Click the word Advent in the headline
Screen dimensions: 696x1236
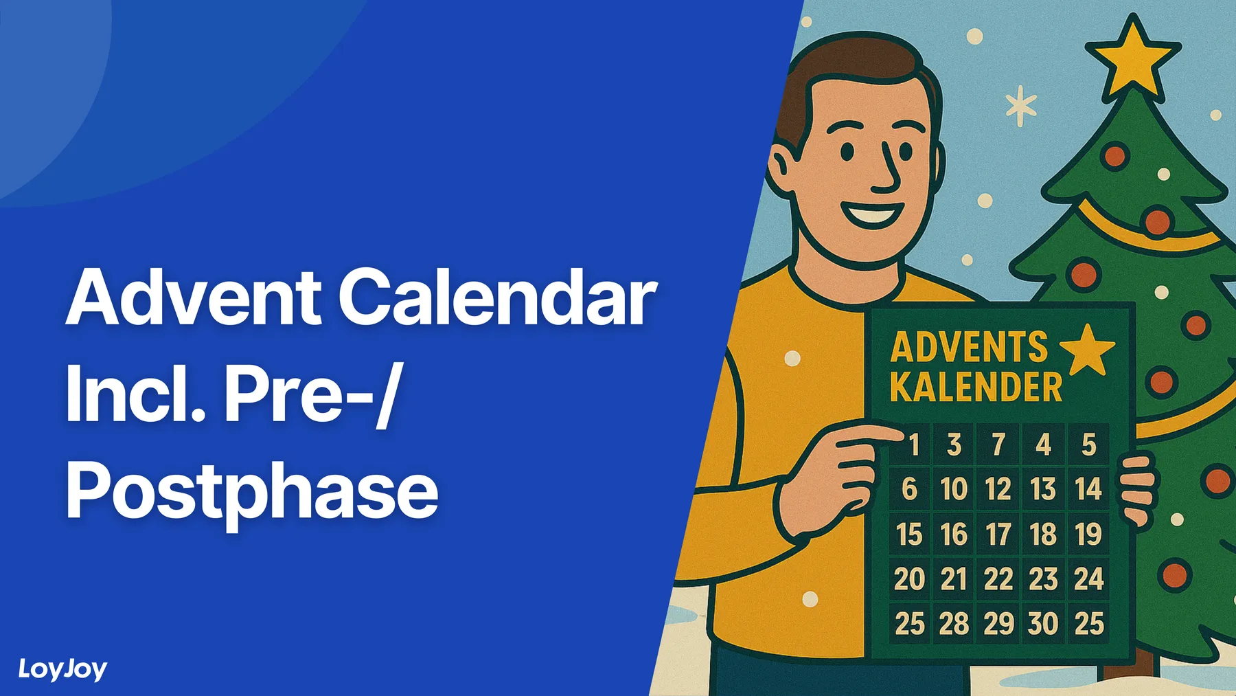[x=193, y=298]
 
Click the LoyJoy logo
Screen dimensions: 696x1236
[x=62, y=669]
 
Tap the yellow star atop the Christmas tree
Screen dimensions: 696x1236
[x=1132, y=56]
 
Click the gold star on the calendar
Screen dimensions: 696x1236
[x=1087, y=348]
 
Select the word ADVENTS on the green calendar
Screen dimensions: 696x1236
[x=969, y=348]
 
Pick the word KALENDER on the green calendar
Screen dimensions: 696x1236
[x=976, y=388]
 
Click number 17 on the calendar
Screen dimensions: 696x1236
[x=998, y=535]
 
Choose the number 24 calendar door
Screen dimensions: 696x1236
[x=1088, y=579]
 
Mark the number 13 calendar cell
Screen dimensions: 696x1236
[x=1043, y=489]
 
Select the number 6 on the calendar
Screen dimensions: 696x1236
[x=909, y=489]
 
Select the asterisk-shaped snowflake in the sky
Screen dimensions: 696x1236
[x=1021, y=106]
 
